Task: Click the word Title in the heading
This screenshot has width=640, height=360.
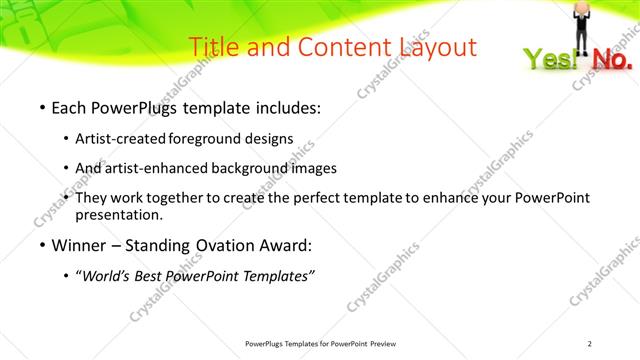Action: [213, 46]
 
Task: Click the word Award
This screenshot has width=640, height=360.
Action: [289, 245]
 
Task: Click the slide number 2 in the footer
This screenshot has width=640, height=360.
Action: [590, 344]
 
